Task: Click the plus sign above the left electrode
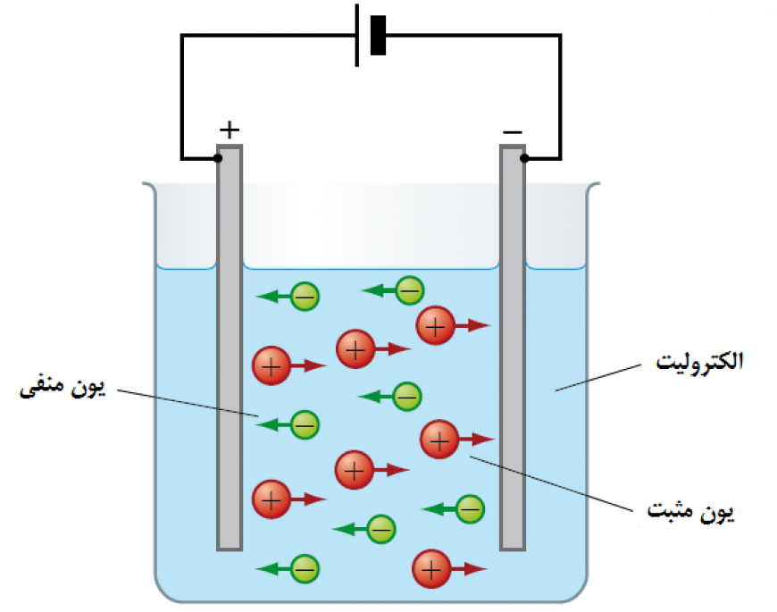pyautogui.click(x=230, y=130)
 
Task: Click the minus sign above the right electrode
pyautogui.click(x=513, y=132)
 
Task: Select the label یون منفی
pyautogui.click(x=62, y=389)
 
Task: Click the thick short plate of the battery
pyautogui.click(x=378, y=36)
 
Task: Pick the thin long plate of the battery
pyautogui.click(x=357, y=36)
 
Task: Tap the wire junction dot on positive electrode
pyautogui.click(x=218, y=159)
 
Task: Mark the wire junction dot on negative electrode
pyautogui.click(x=524, y=159)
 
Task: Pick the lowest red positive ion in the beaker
pyautogui.click(x=430, y=568)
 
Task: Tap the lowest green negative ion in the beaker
pyautogui.click(x=305, y=567)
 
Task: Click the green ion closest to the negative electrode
pyautogui.click(x=470, y=509)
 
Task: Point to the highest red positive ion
pyautogui.click(x=435, y=326)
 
